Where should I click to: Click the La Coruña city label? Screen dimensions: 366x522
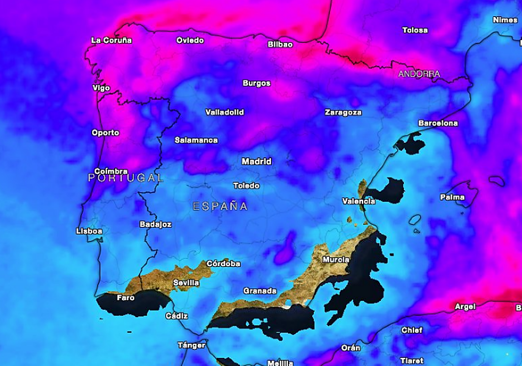click(111, 41)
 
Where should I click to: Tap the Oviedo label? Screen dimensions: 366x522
click(190, 41)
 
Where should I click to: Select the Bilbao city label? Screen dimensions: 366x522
click(280, 44)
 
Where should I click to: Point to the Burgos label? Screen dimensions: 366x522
click(257, 83)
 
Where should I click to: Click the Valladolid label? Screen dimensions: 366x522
click(224, 112)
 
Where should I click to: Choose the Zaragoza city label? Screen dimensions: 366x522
click(343, 112)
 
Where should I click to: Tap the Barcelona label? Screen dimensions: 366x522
click(438, 123)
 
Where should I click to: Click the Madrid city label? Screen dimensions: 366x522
click(257, 162)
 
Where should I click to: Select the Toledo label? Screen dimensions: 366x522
click(246, 186)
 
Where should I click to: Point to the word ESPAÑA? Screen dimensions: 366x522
click(220, 207)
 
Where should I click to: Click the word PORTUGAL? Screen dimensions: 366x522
click(126, 178)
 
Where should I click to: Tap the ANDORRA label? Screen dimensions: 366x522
click(419, 74)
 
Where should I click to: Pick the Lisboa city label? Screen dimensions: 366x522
click(89, 231)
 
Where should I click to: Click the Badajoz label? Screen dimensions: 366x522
click(155, 225)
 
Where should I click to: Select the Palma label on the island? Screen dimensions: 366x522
click(452, 197)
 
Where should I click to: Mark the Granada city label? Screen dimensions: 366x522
click(260, 291)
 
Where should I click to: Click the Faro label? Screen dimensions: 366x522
click(126, 298)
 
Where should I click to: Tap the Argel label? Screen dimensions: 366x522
click(465, 307)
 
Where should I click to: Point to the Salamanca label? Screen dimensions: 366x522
click(196, 140)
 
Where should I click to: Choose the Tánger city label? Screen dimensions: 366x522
click(191, 346)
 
